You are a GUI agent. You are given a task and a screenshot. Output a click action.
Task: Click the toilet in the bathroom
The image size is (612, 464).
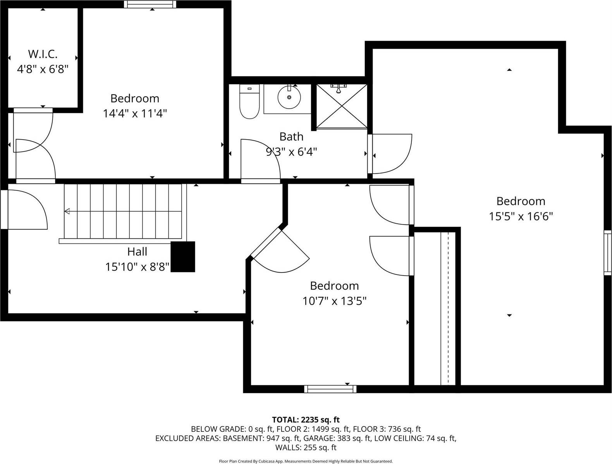tap(249, 102)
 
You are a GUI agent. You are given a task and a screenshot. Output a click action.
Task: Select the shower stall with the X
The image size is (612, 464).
tap(341, 106)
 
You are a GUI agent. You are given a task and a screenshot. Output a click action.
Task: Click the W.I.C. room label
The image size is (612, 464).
tap(43, 54)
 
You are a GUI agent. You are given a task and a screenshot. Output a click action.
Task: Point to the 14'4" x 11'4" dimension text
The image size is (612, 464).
tap(135, 114)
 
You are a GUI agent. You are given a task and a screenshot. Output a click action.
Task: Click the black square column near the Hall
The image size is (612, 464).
tap(183, 257)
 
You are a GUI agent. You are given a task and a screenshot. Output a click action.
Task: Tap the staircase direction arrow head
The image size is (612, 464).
tap(67, 211)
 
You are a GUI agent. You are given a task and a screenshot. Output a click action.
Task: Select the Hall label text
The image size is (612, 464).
tap(137, 252)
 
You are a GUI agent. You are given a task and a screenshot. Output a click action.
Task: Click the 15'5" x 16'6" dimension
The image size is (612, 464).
tap(521, 216)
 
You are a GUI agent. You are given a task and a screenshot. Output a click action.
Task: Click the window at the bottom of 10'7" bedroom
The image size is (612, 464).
tap(330, 389)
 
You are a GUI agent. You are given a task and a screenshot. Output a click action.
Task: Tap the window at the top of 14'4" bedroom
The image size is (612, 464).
tap(150, 4)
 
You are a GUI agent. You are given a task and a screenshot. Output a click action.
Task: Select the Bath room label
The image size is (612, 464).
tap(291, 136)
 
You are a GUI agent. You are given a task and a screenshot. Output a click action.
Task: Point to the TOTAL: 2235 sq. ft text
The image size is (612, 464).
tap(306, 419)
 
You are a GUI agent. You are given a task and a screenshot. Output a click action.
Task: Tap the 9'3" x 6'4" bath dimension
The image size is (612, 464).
tap(291, 152)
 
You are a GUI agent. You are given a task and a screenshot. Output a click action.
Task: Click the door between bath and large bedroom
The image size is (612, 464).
tap(389, 154)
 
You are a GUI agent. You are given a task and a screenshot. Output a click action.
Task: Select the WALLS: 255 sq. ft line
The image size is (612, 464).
tap(306, 448)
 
